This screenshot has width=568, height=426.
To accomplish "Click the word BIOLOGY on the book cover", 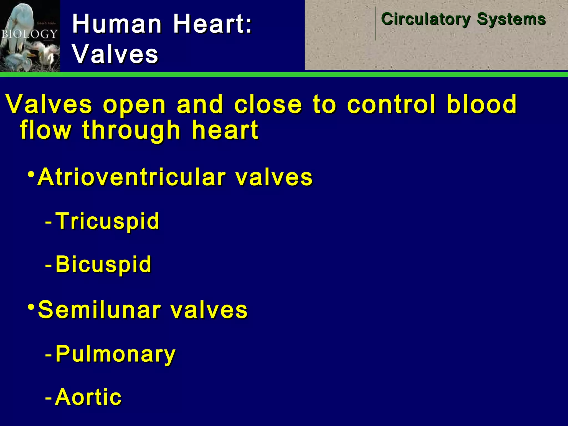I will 29,34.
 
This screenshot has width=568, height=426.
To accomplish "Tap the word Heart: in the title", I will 212,24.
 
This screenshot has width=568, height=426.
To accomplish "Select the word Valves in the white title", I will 115,54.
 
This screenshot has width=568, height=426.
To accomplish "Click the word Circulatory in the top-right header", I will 426,19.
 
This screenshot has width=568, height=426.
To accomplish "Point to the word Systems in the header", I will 511,19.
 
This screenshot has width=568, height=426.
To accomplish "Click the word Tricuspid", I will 107,221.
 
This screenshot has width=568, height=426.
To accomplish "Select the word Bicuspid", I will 103,264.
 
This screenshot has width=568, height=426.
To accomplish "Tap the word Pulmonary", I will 115,354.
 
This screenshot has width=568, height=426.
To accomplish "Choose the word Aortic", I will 88,397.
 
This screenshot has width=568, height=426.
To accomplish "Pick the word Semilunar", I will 100,310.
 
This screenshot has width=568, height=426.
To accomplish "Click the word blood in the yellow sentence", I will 482,104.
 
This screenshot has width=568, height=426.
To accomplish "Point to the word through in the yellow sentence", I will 131,130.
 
